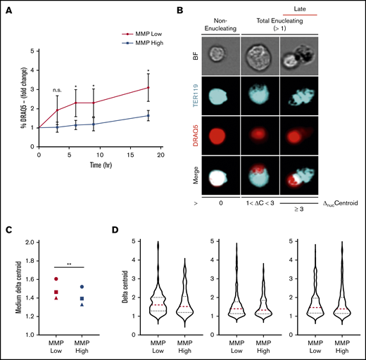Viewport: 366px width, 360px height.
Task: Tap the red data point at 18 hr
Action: pyautogui.click(x=148, y=88)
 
